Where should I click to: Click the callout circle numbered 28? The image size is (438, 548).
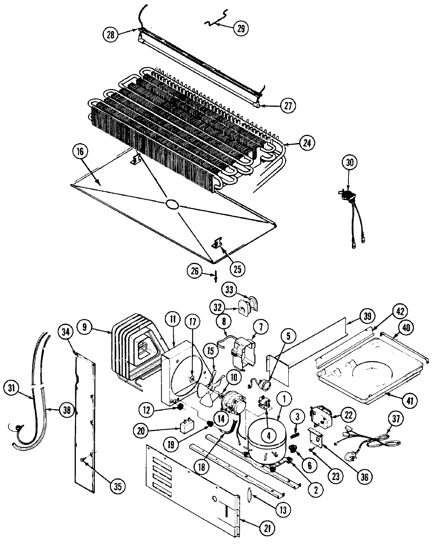pyautogui.click(x=110, y=35)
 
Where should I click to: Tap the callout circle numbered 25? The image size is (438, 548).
pyautogui.click(x=237, y=269)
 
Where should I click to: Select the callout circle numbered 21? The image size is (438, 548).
pyautogui.click(x=267, y=527)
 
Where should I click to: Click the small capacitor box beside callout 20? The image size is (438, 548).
pyautogui.click(x=186, y=428)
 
